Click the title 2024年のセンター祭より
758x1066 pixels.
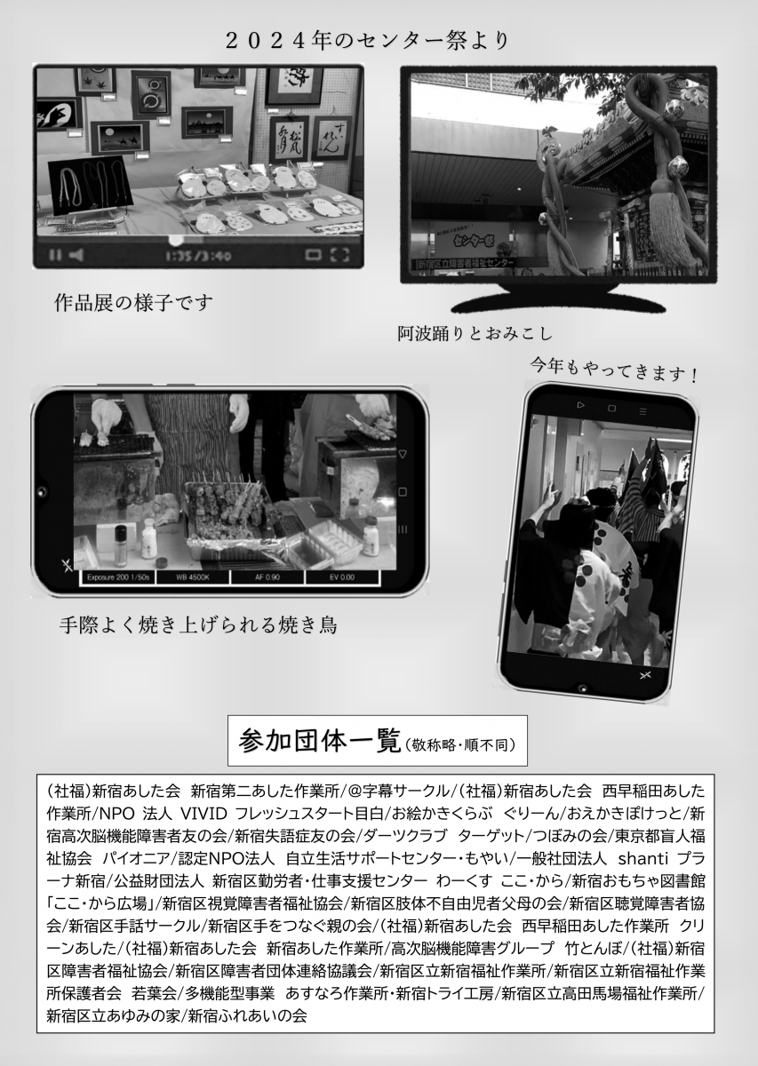click(x=368, y=42)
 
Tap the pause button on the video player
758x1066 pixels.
click(x=55, y=256)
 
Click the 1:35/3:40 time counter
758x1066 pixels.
click(x=198, y=256)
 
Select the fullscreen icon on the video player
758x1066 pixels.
click(x=339, y=255)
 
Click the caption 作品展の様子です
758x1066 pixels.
click(x=132, y=303)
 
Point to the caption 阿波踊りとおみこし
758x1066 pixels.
click(x=475, y=334)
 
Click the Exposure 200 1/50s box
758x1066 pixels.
click(x=117, y=577)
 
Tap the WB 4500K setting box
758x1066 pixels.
click(x=193, y=577)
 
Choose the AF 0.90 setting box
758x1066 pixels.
click(x=267, y=577)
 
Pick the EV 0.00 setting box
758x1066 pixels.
click(x=342, y=577)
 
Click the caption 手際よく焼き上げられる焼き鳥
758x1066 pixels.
click(x=198, y=624)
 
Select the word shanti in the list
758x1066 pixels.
click(x=643, y=858)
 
